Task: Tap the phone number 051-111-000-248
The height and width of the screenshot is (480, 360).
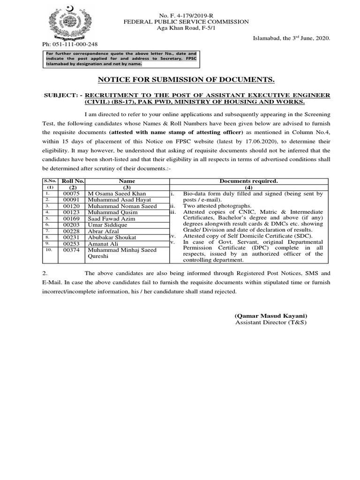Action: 70,45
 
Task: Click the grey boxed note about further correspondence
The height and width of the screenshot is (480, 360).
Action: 121,59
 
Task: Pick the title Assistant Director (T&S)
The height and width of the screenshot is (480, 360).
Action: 270,323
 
